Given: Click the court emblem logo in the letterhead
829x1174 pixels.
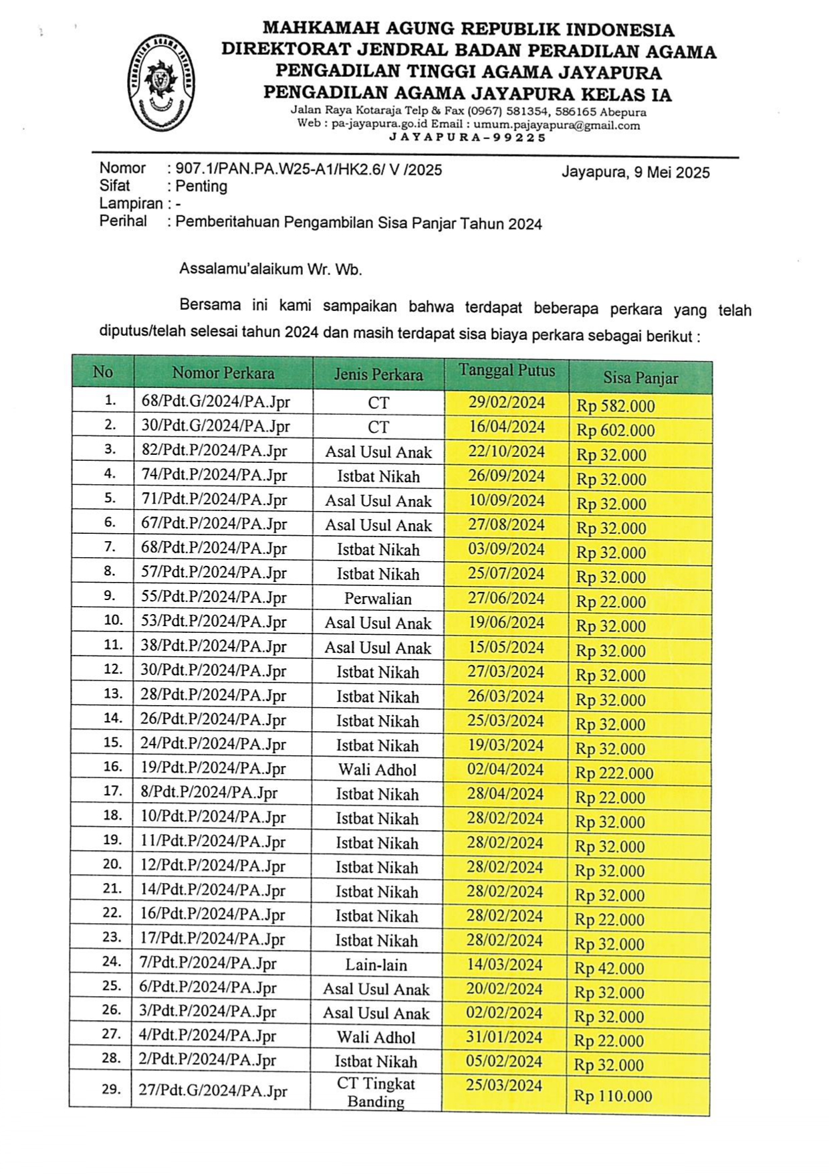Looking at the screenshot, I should (x=160, y=83).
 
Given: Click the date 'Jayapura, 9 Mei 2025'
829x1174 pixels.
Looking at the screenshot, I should (x=635, y=172).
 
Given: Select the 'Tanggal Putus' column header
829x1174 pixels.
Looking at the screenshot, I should (x=507, y=371).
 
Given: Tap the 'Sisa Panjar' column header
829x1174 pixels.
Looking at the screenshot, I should (x=640, y=378).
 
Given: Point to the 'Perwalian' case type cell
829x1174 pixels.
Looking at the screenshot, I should (x=378, y=599).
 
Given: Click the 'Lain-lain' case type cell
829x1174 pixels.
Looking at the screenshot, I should (x=376, y=965).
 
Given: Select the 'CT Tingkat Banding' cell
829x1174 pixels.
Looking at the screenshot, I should (x=376, y=1092).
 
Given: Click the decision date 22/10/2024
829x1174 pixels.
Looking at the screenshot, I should (x=506, y=451).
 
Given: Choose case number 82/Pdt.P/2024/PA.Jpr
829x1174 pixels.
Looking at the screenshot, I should (x=214, y=451).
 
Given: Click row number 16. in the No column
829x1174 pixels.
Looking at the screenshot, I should (x=113, y=767).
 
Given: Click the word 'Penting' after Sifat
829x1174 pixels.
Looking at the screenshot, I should (x=201, y=187).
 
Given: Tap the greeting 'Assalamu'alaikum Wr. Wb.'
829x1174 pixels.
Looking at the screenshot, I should (x=270, y=270).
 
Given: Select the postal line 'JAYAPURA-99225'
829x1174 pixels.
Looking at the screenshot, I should (x=467, y=138).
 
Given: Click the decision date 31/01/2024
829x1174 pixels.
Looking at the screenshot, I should (x=504, y=1037).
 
